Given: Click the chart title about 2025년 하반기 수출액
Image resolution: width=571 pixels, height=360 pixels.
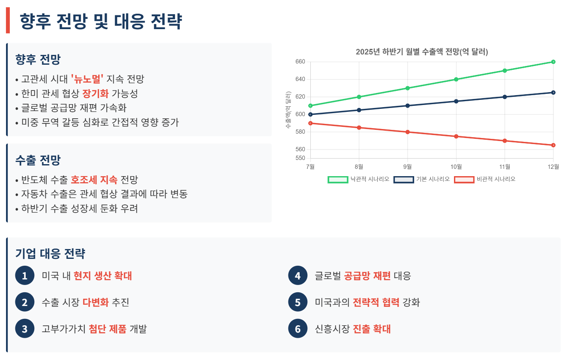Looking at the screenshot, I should (x=422, y=52).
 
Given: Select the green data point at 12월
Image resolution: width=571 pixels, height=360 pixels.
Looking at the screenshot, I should (x=553, y=62).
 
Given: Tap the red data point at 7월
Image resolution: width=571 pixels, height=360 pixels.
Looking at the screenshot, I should (x=310, y=123).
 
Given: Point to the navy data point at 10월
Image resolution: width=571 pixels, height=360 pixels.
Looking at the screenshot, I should (x=456, y=101).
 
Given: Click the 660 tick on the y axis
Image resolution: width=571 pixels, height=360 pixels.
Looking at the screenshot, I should (x=300, y=62).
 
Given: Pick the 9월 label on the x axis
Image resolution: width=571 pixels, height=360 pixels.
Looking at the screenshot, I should (x=408, y=166).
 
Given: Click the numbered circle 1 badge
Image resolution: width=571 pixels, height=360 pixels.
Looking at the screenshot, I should (x=24, y=276).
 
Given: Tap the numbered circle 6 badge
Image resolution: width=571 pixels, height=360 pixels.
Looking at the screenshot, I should (x=298, y=329).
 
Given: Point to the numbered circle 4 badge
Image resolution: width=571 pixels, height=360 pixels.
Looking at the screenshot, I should (x=298, y=276).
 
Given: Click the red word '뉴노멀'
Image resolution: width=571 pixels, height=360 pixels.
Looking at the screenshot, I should (x=87, y=79).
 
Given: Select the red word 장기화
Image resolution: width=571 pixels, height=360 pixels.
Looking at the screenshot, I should (x=96, y=93).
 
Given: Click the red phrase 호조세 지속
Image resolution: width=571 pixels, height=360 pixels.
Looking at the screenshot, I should (x=94, y=180).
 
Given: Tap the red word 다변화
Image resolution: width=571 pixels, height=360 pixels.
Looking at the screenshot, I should (x=96, y=303).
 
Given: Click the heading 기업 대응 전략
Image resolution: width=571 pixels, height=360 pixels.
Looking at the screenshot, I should (x=50, y=254).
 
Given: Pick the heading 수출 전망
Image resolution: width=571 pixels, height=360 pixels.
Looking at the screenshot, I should (x=38, y=160).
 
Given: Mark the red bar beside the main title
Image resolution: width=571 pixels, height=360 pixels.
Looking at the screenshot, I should (x=8, y=21).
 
